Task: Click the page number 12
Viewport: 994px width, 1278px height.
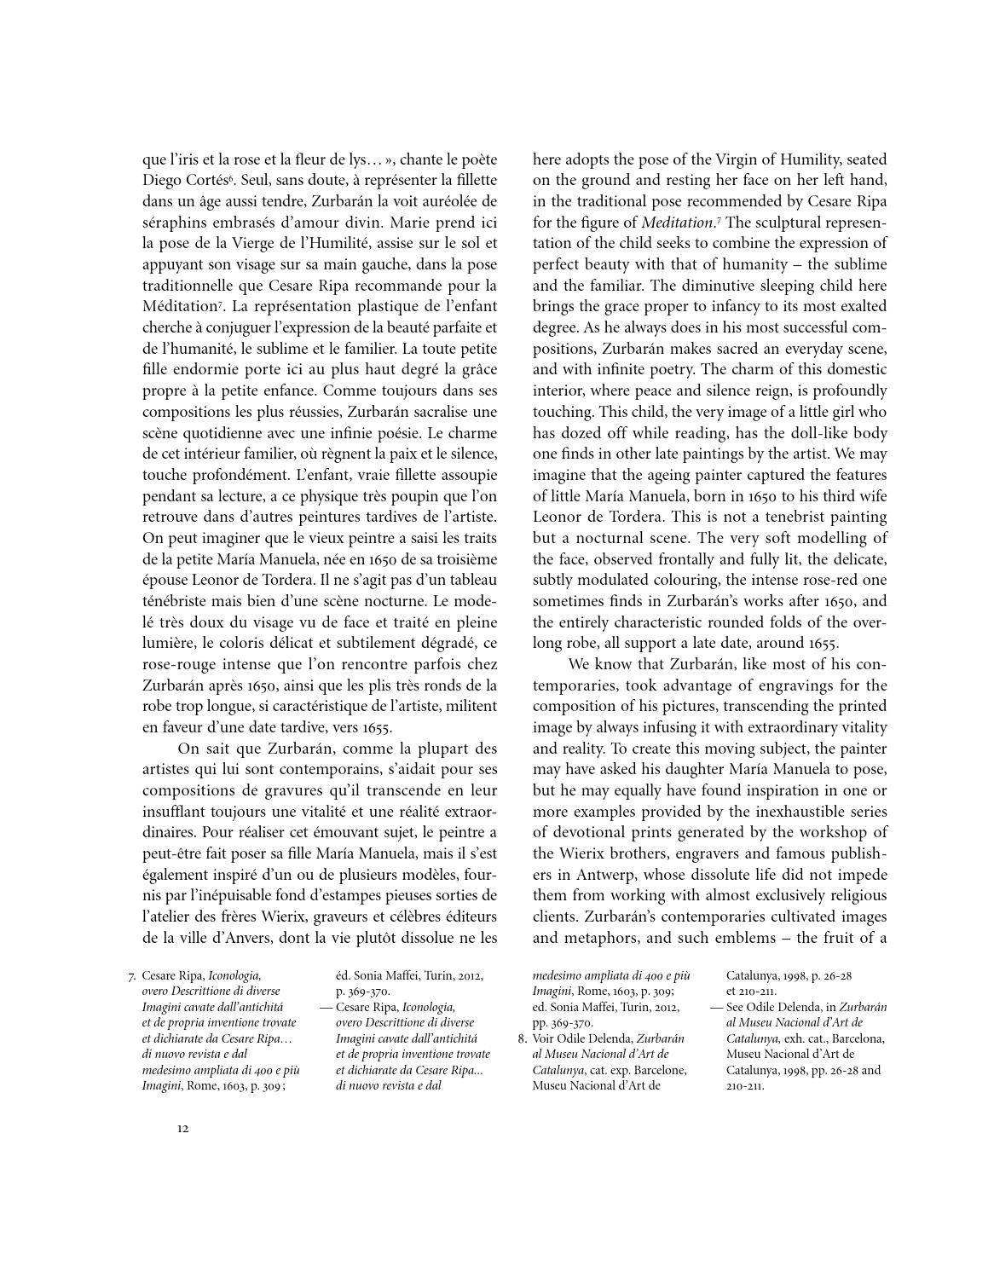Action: [x=183, y=1129]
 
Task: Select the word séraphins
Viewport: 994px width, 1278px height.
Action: [x=174, y=222]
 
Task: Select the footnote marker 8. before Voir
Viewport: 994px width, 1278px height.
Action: [x=523, y=1038]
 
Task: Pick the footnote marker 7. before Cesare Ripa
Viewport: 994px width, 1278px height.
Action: [x=132, y=975]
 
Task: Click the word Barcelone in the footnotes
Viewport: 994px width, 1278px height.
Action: [x=659, y=1069]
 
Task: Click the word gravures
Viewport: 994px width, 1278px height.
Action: [x=323, y=790]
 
